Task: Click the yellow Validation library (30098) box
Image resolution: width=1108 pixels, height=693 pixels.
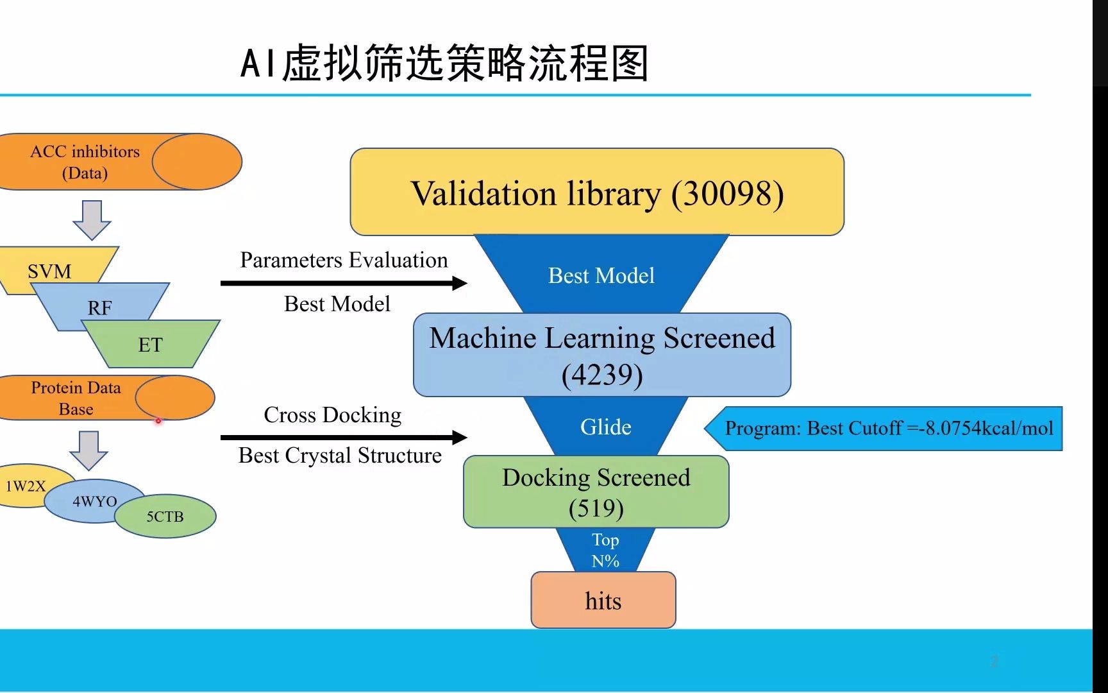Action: coord(596,193)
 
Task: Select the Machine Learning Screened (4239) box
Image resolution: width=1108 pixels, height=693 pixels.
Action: coord(601,355)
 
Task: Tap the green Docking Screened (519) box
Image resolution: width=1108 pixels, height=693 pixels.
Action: coord(596,492)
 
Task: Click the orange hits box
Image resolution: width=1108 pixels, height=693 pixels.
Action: coord(603,601)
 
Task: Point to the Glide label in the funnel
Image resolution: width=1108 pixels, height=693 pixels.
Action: coord(605,427)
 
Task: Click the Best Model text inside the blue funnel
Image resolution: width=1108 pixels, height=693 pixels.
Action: coord(601,275)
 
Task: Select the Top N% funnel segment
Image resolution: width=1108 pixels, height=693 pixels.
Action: coord(605,550)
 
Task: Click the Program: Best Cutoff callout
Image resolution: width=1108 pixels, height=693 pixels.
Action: coord(888,428)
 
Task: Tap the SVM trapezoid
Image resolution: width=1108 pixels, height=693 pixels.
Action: coord(50,271)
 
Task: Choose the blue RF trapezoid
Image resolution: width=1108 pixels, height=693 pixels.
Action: coord(100,307)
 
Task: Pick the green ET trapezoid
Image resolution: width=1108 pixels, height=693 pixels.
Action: coord(151,345)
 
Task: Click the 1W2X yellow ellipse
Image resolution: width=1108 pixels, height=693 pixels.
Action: coord(26,486)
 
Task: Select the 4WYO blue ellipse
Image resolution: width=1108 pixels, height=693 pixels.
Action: coord(94,501)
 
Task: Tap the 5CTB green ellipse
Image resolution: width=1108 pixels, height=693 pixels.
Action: coord(165,517)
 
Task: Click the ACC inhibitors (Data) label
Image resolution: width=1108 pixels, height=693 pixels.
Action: coord(85,162)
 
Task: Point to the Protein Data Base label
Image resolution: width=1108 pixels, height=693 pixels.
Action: coord(76,398)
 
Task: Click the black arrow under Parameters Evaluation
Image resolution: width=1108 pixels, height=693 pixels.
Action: coord(343,283)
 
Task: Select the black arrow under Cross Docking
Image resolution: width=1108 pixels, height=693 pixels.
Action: coord(343,438)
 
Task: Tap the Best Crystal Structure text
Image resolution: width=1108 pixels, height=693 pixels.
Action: coord(340,456)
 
